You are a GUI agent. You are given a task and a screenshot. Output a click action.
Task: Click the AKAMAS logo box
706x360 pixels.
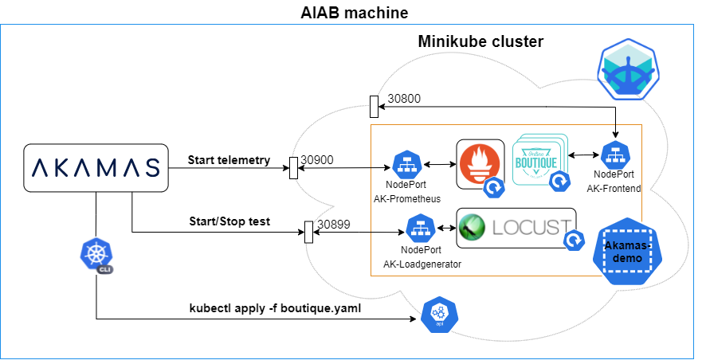[96, 167]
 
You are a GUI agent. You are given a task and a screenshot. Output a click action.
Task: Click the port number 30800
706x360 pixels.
[404, 100]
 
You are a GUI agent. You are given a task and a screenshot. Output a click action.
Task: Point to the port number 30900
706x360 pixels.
[317, 160]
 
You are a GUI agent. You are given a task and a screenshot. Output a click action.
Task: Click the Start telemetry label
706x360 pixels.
[229, 160]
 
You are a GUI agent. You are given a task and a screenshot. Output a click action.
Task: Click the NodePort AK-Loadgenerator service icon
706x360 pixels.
[420, 230]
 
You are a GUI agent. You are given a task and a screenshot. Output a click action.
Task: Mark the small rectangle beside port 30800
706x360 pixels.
[374, 106]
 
